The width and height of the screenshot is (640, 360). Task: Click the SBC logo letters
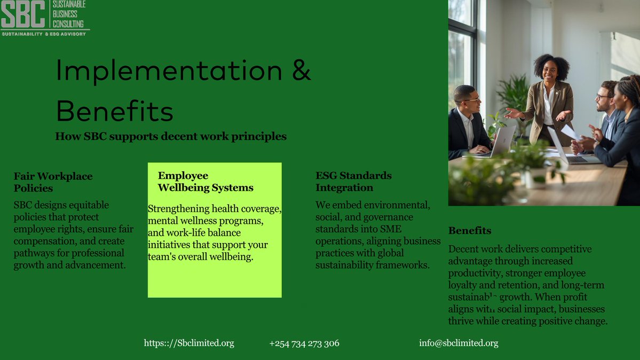click(x=22, y=14)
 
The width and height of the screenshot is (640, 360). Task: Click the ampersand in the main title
click(x=301, y=71)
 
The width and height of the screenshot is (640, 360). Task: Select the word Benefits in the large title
click(x=115, y=112)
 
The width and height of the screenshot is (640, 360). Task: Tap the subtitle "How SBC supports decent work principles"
click(x=171, y=136)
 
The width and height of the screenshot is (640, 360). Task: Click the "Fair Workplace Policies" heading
click(x=53, y=182)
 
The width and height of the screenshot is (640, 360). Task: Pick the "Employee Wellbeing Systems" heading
click(x=206, y=182)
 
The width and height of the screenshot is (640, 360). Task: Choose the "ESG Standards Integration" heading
click(x=353, y=182)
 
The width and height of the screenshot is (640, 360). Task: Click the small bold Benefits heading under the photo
click(x=470, y=231)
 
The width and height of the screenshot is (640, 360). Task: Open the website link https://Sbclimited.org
click(x=189, y=343)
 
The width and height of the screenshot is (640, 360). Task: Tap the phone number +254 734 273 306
click(x=304, y=343)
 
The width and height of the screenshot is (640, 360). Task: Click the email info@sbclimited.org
click(x=459, y=343)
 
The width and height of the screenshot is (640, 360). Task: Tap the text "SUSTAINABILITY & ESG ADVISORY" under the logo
click(x=44, y=34)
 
